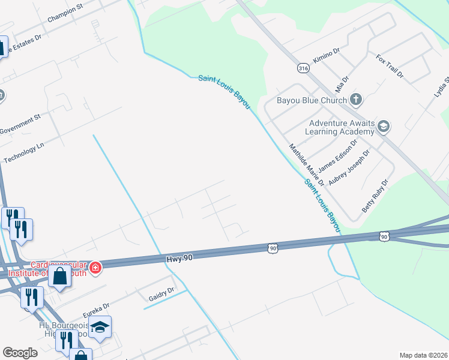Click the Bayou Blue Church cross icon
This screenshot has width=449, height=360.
coord(356,100)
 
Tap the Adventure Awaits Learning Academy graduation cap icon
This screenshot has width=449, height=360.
coord(384,127)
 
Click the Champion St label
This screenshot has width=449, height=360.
coord(64,17)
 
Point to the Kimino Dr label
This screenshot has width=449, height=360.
coord(326,57)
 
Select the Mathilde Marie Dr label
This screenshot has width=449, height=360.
coord(306,164)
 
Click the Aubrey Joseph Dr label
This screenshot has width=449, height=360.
coord(350,167)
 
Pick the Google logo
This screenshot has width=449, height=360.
coord(20,353)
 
